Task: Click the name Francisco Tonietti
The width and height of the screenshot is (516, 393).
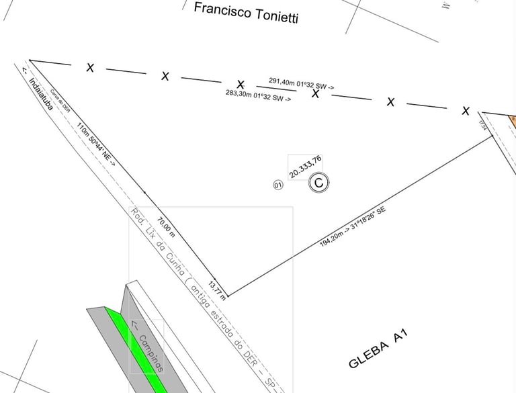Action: point(245,12)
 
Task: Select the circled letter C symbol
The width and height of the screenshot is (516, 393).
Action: point(319,182)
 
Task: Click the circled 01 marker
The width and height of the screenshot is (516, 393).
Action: point(278,185)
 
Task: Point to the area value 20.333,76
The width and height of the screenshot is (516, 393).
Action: point(306,167)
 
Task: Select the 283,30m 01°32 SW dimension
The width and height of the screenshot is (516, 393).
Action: point(258,95)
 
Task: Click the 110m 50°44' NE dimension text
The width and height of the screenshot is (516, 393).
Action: point(95,144)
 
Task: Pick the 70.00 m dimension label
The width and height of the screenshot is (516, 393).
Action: point(165,226)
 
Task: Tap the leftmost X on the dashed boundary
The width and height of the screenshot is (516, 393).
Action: point(90,68)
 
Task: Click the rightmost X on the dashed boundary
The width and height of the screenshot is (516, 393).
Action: point(465,111)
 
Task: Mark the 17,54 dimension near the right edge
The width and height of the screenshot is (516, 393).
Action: point(482,125)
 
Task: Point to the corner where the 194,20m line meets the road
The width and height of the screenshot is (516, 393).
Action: point(228,296)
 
